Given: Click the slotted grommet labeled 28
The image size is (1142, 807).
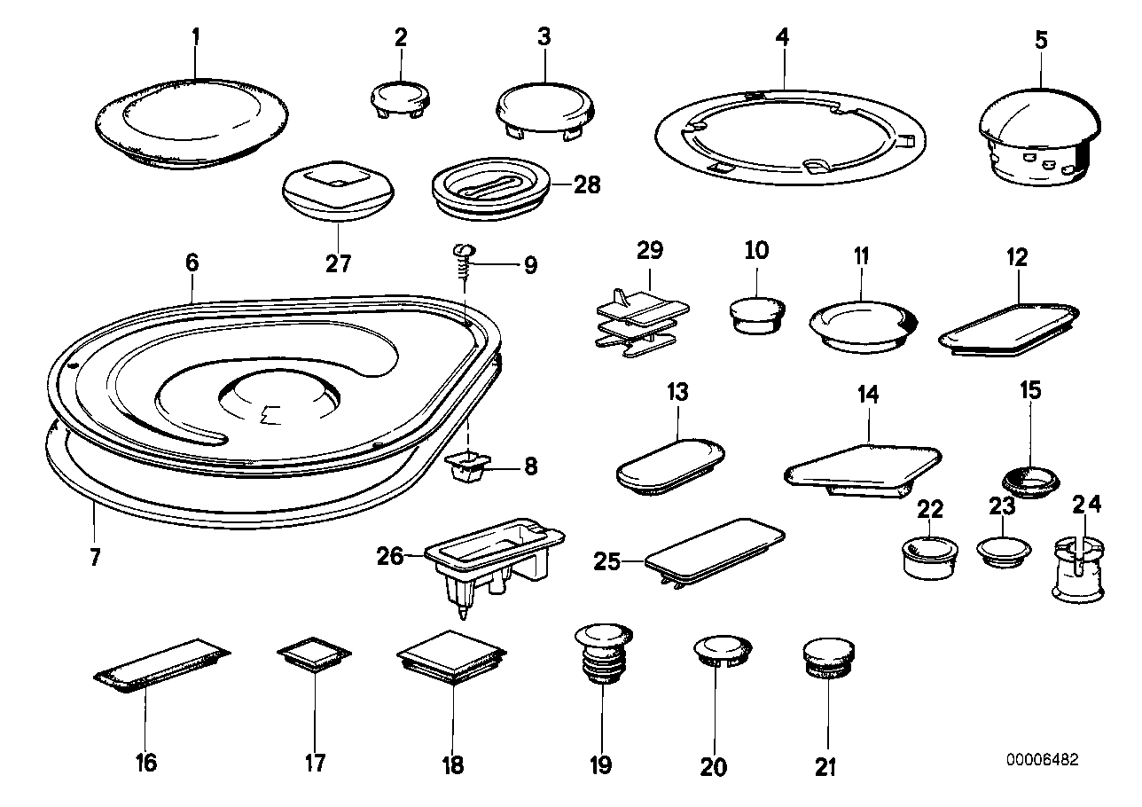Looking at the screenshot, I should [490, 193].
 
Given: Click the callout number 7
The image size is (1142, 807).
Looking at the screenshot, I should [95, 558].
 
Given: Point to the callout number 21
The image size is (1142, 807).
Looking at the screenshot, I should [825, 767].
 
